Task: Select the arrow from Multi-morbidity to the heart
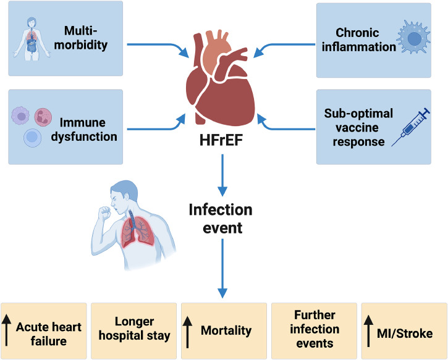158,47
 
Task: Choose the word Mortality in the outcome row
226,331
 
